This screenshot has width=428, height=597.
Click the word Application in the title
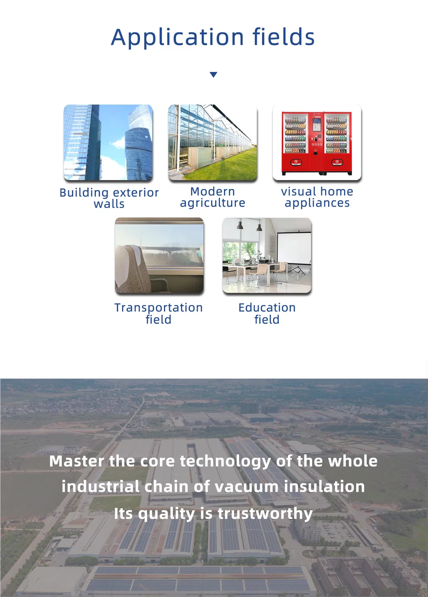pos(178,38)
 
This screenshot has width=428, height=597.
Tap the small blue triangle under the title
pos(214,75)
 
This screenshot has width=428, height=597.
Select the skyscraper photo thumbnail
pos(108,142)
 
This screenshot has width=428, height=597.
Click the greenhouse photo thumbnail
pos(213,142)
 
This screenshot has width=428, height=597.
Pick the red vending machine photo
pos(317,142)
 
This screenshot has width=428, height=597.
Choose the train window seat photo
pos(159,256)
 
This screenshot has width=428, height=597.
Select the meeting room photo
pos(267,256)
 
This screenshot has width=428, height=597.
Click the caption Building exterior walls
pos(109,198)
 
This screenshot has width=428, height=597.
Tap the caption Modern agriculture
pos(213,197)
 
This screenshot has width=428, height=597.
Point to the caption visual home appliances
pos(317,197)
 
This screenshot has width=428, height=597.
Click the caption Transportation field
pos(159,313)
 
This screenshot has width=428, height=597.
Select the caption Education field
pos(267,313)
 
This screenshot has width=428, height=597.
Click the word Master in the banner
pos(76,461)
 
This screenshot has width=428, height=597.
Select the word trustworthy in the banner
pos(265,513)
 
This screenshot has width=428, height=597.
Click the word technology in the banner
pos(225,461)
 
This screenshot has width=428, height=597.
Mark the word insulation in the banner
pos(324,487)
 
